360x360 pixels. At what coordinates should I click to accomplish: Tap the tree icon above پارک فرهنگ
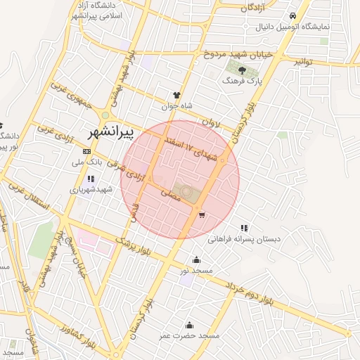coord(241,70)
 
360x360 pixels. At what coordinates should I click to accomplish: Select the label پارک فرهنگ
coord(241,82)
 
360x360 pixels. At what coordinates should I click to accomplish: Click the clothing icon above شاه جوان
coord(176,95)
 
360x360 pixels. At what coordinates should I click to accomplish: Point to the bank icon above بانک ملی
coord(87,151)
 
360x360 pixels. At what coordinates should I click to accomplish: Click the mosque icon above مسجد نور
coord(195,259)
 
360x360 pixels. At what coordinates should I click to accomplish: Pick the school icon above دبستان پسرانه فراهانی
coord(244,228)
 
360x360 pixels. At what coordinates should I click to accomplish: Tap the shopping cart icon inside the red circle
coord(202,215)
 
